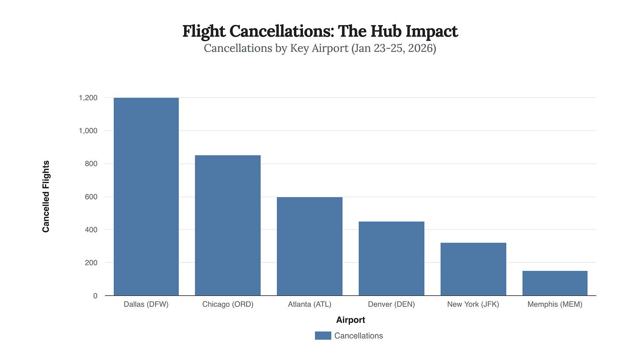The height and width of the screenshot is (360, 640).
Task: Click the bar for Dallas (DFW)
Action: pos(146,196)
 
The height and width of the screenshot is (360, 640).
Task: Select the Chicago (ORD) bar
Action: pos(228,225)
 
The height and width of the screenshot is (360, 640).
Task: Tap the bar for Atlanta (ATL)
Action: pos(309,246)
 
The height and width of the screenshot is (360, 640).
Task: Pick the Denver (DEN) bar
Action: pos(391,258)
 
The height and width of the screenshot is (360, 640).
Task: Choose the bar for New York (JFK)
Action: pos(473,269)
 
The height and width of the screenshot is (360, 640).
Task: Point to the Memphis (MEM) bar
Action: pos(555,283)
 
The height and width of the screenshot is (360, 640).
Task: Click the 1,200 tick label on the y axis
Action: pos(88,98)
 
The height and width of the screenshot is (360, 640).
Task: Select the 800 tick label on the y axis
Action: pos(91,164)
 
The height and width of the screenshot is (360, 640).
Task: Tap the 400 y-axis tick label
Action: pos(91,229)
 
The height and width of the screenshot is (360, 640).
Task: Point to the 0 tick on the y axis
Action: pos(95,296)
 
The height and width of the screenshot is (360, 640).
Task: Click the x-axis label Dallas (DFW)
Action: pos(146,304)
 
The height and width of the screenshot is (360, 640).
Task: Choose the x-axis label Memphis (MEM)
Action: pos(555,304)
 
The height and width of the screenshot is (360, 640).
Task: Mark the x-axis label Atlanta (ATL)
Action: pos(309,304)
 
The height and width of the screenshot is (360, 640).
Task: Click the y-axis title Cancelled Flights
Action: pos(46,196)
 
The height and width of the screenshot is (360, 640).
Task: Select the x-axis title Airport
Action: pos(350,320)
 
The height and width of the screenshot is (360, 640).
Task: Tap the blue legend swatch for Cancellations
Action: pos(323,336)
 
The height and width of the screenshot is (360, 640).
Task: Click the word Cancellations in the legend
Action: pos(358,336)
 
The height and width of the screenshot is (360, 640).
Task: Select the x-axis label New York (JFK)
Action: pos(473,304)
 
